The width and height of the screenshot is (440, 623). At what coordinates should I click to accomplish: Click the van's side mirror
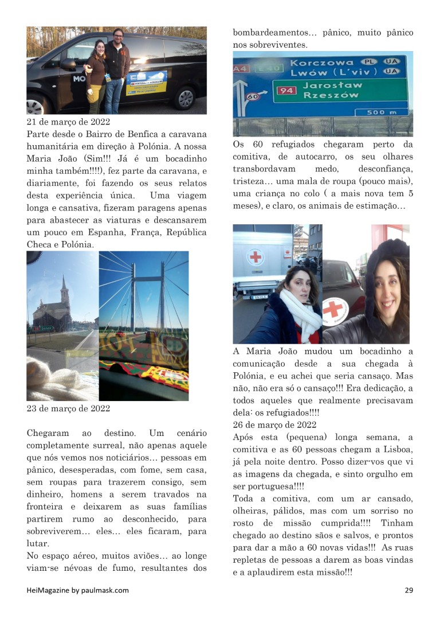tap(68, 63)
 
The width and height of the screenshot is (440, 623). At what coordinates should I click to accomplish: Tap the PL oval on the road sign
tap(367, 61)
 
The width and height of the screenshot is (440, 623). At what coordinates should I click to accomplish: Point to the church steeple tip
tap(64, 277)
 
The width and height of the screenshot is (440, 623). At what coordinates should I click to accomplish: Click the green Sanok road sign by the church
tap(46, 328)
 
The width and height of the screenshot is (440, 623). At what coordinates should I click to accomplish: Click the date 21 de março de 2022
tap(68, 122)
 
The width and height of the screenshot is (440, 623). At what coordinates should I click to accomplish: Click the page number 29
tap(408, 590)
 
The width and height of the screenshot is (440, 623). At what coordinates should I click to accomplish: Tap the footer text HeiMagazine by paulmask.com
tap(78, 590)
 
